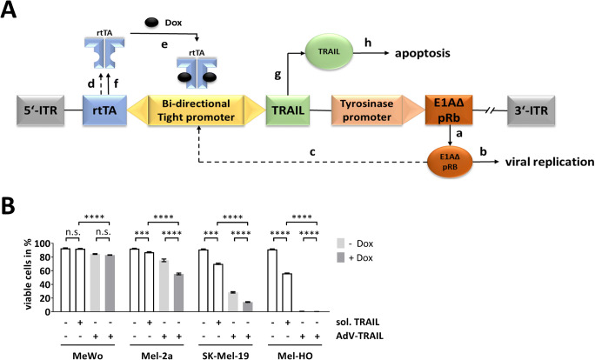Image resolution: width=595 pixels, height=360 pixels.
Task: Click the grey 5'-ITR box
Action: coord(41,110)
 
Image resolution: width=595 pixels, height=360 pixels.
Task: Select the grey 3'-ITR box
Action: coord(531,110)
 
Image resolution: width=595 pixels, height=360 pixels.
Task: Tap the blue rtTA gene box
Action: coord(104,110)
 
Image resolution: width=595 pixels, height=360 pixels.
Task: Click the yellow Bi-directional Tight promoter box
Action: coord(196,110)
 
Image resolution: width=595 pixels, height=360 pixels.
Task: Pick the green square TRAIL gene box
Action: coord(288,110)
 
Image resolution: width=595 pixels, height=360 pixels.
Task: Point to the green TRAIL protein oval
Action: coord(329,51)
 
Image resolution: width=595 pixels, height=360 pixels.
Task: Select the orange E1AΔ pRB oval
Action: coord(450,163)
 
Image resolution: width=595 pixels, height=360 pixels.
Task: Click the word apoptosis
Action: coord(423,53)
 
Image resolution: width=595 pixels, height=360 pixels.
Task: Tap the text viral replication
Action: coord(550,162)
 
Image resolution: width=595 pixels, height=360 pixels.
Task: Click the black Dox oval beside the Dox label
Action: coord(151,23)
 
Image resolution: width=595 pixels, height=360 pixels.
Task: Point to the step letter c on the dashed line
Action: coord(312,152)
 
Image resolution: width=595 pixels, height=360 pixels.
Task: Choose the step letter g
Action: coord(277,76)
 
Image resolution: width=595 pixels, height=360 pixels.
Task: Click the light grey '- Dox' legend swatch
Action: coord(340,243)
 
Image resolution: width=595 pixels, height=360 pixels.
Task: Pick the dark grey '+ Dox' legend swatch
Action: coord(340,258)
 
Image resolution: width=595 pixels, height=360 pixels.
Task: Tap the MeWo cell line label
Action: coord(87,356)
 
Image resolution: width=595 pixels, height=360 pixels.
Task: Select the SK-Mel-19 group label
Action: coord(226,356)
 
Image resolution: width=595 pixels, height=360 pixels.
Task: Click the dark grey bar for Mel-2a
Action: coord(178,292)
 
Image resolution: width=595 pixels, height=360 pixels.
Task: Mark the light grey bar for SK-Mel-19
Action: coord(233,302)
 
